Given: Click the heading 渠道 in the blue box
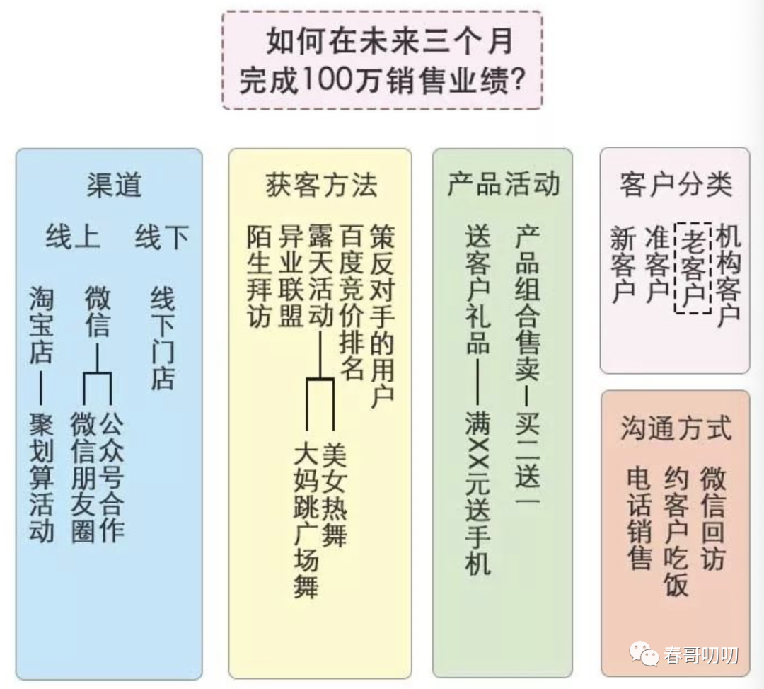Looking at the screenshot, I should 114,185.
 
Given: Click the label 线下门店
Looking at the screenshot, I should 162,338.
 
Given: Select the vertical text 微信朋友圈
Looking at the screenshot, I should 83,479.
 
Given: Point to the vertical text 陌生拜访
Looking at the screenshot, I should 260,276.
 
